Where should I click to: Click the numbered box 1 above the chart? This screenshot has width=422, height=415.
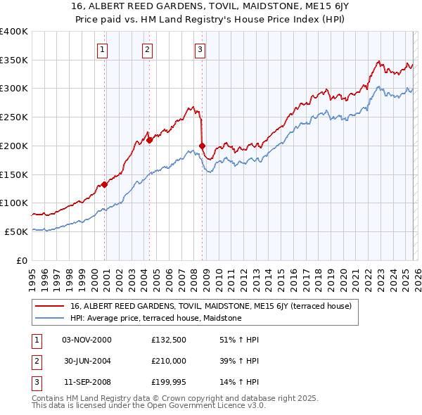point(103,49)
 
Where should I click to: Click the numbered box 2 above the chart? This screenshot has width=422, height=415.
point(147,49)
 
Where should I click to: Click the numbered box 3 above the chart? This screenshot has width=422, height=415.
point(200,49)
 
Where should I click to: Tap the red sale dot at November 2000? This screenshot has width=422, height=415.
point(104,184)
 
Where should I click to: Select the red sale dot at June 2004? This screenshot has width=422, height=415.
point(150,140)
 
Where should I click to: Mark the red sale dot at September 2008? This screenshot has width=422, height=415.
point(202,146)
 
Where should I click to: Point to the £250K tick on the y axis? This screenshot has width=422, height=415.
point(13,117)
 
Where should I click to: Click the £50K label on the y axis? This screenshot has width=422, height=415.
point(15,231)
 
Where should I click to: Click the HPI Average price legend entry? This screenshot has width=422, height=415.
point(155,318)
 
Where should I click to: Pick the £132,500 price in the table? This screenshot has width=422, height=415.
point(169,340)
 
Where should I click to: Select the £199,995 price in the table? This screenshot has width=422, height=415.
point(169,382)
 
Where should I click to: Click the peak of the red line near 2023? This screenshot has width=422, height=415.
point(378,61)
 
